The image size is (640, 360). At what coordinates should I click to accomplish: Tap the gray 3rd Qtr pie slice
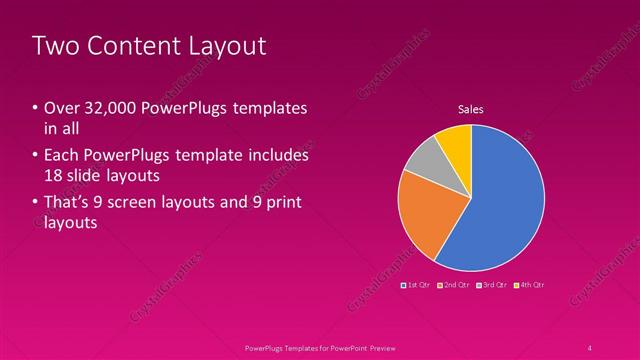click(x=424, y=160)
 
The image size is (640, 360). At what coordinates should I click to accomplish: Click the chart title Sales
click(x=471, y=109)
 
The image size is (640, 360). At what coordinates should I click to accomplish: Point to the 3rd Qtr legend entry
click(x=493, y=285)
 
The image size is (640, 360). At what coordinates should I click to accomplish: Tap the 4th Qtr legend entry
click(x=531, y=285)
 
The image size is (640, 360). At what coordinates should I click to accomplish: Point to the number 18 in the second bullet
click(x=54, y=176)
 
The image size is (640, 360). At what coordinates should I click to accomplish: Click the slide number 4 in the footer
click(x=590, y=348)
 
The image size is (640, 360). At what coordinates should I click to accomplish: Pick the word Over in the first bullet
click(x=60, y=108)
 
